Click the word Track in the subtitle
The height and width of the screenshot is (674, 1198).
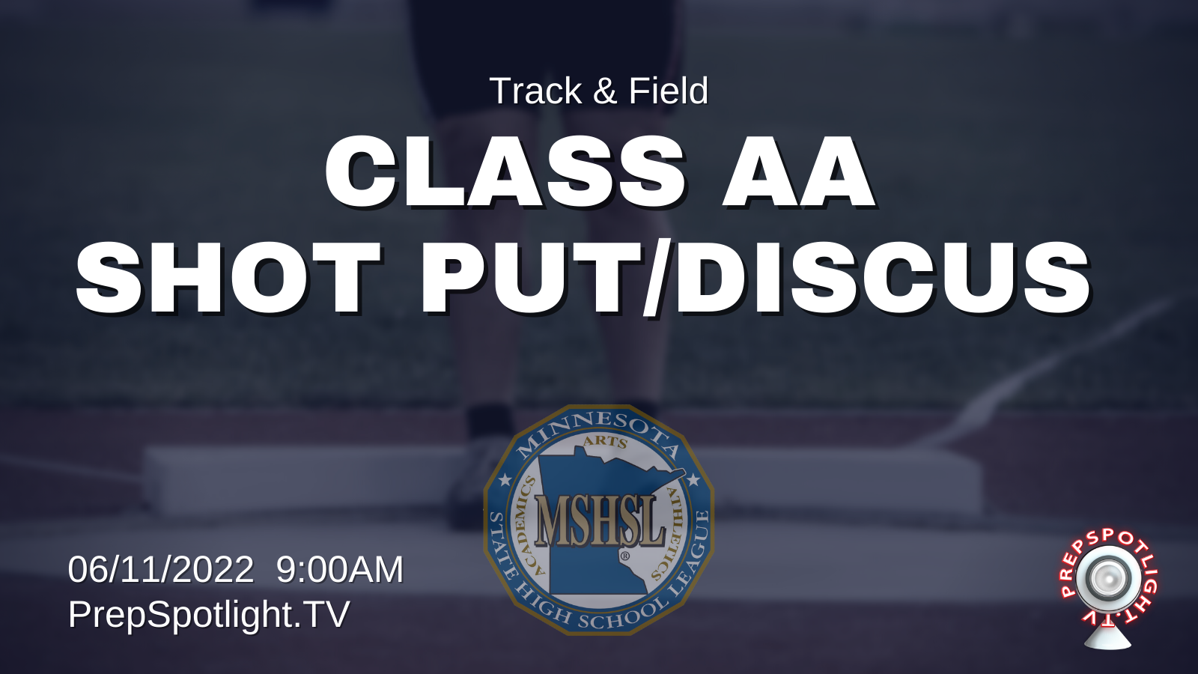click(535, 91)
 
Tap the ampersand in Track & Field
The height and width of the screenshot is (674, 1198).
click(605, 91)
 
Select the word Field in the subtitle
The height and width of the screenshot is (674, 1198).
click(669, 91)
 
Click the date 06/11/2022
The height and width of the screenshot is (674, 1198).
click(160, 569)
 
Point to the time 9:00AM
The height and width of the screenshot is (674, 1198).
click(340, 569)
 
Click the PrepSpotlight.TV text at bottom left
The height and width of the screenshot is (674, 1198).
click(209, 615)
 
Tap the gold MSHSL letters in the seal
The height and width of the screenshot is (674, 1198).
click(599, 519)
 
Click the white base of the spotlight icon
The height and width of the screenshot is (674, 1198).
click(1107, 638)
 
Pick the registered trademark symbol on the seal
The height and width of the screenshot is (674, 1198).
click(624, 556)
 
